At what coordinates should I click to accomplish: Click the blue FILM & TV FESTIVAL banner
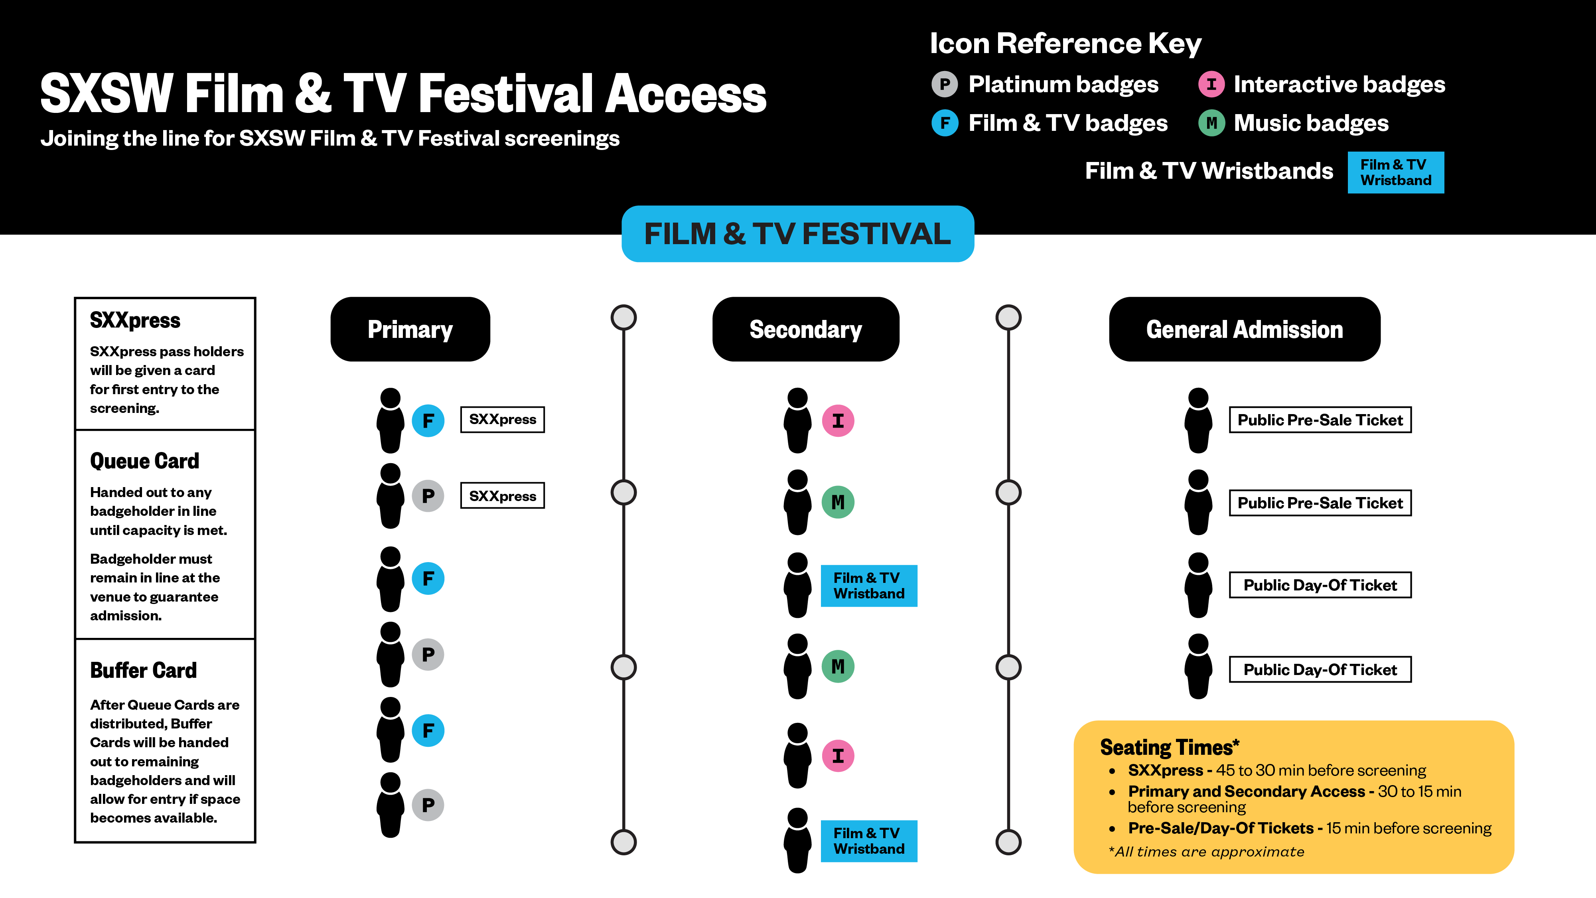click(x=797, y=234)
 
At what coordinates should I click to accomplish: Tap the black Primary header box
click(x=410, y=329)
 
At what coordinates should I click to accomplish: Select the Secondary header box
click(x=805, y=329)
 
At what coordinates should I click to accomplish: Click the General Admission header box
click(x=1244, y=329)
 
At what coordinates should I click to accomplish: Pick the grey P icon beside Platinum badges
click(x=944, y=84)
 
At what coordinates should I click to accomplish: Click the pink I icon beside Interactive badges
click(x=1211, y=84)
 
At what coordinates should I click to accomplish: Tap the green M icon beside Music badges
click(x=1211, y=123)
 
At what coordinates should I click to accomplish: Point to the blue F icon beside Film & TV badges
click(x=944, y=123)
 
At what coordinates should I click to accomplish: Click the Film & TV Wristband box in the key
click(x=1395, y=172)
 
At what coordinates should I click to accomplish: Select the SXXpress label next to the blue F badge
click(x=503, y=420)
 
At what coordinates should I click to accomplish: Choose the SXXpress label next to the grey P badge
click(x=503, y=496)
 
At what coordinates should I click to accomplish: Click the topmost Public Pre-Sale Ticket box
click(x=1320, y=420)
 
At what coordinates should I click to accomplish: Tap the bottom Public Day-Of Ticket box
click(x=1320, y=669)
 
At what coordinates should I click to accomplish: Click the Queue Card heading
click(x=144, y=461)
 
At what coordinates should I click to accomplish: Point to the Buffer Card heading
click(x=143, y=671)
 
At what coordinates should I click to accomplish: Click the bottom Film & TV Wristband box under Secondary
click(x=869, y=841)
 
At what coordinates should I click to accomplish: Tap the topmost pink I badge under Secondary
click(x=838, y=421)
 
